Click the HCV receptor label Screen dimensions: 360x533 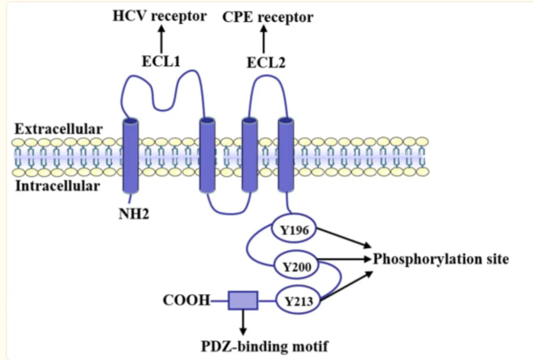tap(159, 16)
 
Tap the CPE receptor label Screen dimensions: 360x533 tap(267, 17)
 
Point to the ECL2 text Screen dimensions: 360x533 tap(266, 63)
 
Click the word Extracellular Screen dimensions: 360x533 tap(59, 129)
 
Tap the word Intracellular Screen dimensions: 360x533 tap(57, 186)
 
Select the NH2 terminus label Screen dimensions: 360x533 tap(133, 214)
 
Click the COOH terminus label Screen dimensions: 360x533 tap(187, 300)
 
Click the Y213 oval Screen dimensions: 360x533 tap(298, 300)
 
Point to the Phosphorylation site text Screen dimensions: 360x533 tap(440, 259)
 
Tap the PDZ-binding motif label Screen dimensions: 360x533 tap(264, 346)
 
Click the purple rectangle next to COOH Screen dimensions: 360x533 tap(243, 300)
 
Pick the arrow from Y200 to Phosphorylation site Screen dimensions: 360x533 tap(345, 259)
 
